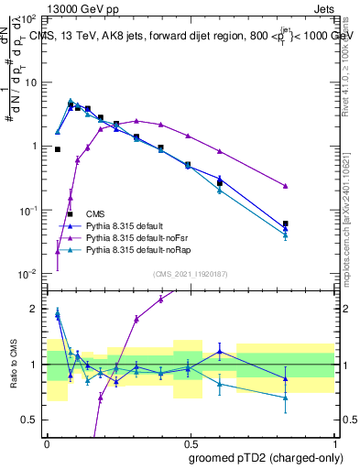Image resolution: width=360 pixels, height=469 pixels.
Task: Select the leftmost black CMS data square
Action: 58,149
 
